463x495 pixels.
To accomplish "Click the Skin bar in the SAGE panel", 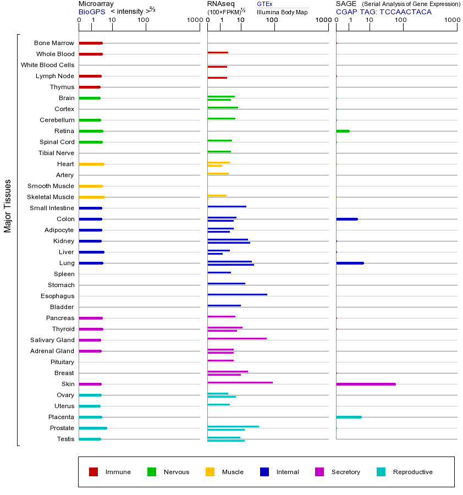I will pyautogui.click(x=366, y=384).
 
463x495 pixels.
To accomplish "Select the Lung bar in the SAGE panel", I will pyautogui.click(x=350, y=263).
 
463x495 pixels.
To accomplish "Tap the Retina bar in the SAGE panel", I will pyautogui.click(x=343, y=131).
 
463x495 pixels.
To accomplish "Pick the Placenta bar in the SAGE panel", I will pyautogui.click(x=349, y=417).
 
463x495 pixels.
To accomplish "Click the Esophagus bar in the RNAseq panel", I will pyautogui.click(x=237, y=294).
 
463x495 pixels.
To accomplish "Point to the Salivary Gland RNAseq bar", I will pyautogui.click(x=237, y=338).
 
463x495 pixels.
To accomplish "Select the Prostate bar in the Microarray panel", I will pyautogui.click(x=92, y=428).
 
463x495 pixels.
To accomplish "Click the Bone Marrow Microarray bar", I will pyautogui.click(x=91, y=43).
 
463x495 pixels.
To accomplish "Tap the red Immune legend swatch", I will pyautogui.click(x=93, y=472).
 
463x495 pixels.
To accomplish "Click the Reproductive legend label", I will pyautogui.click(x=412, y=472).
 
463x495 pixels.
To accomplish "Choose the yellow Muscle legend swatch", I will pyautogui.click(x=210, y=472).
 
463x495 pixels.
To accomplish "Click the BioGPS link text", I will pyautogui.click(x=91, y=12).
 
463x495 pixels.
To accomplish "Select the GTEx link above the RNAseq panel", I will pyautogui.click(x=264, y=4).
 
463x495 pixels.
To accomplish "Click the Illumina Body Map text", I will pyautogui.click(x=282, y=12).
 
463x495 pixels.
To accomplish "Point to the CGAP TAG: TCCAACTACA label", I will pyautogui.click(x=383, y=12).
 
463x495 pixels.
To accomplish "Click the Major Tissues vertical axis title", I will pyautogui.click(x=8, y=206).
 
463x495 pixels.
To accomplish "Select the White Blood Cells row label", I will pyautogui.click(x=47, y=65).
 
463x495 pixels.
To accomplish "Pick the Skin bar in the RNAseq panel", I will pyautogui.click(x=240, y=382).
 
